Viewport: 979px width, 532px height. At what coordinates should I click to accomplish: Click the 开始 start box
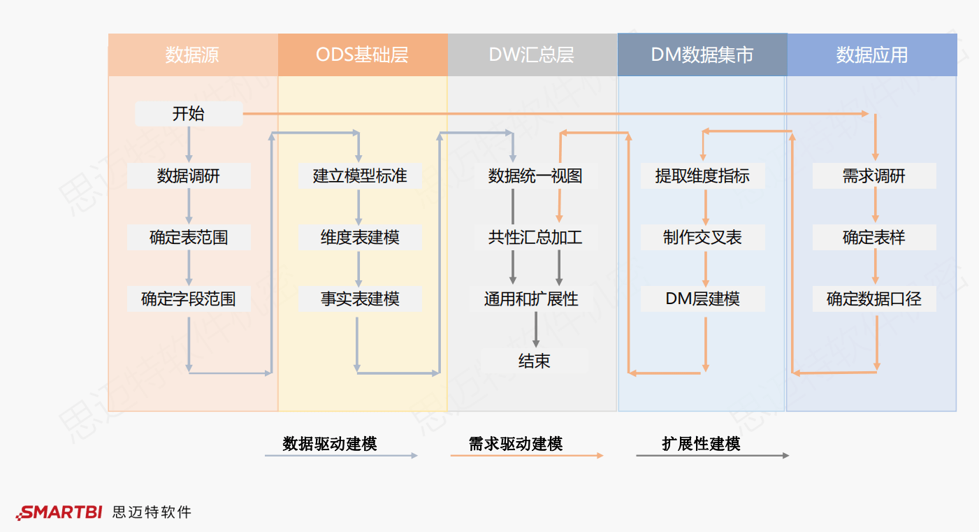(189, 114)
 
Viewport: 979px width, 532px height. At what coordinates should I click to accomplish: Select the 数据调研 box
(189, 176)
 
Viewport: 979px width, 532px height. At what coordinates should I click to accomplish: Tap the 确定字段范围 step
(189, 299)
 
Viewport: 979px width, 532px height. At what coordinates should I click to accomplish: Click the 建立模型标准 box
(360, 176)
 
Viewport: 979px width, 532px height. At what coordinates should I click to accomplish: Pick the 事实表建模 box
(360, 299)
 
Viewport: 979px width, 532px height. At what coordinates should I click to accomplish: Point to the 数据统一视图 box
(535, 176)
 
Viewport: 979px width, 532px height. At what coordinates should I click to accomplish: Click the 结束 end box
(535, 361)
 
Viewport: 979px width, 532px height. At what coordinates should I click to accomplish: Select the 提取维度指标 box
(702, 176)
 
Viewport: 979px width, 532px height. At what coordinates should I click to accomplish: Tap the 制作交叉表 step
(702, 238)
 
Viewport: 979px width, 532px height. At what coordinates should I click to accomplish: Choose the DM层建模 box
(702, 299)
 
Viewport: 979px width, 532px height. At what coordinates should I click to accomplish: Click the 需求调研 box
(873, 176)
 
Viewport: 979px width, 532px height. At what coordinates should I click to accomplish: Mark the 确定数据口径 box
(873, 299)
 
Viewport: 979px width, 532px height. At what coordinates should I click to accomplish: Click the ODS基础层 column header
(363, 55)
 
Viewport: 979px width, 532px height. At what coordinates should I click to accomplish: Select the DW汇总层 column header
(532, 55)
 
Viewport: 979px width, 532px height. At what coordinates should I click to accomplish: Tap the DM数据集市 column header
(702, 55)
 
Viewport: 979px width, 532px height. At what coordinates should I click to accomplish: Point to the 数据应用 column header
(872, 55)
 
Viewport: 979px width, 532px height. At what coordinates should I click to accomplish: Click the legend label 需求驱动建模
(516, 443)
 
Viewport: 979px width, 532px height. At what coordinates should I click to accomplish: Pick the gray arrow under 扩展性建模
(712, 456)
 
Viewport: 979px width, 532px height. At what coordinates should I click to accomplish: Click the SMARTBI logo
(60, 512)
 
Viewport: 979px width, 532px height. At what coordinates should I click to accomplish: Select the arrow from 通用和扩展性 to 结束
(536, 329)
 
